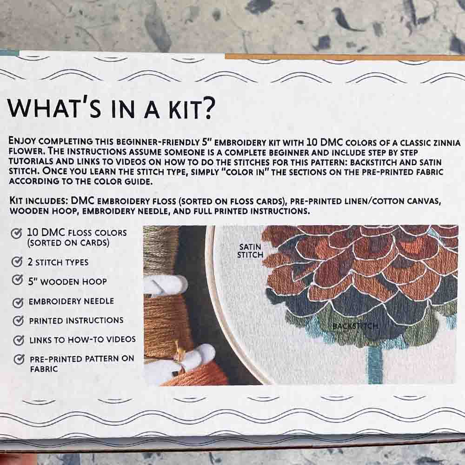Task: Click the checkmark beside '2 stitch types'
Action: (17, 261)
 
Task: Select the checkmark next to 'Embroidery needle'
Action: (18, 302)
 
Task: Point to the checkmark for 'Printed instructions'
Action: (18, 320)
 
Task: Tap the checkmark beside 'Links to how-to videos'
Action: (19, 340)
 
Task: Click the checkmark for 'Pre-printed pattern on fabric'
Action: (19, 359)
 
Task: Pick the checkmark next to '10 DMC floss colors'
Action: (16, 233)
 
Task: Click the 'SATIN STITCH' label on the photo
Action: (250, 251)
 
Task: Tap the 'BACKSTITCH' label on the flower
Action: (355, 326)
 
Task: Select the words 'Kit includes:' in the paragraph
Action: (39, 201)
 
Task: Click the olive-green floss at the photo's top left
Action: (159, 249)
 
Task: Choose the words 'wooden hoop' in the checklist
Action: (73, 281)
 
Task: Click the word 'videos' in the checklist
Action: (121, 339)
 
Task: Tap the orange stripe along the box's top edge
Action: (345, 57)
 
